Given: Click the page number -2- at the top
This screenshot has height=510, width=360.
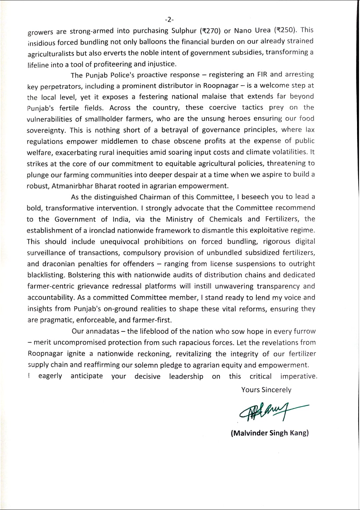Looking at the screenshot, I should click(169, 19).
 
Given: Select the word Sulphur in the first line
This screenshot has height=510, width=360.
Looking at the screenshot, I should click(184, 31).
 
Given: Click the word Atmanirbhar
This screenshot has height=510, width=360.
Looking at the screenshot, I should click(69, 186).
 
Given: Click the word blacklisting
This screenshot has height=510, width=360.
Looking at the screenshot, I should click(46, 275).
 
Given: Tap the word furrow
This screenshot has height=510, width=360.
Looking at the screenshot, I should click(304, 331).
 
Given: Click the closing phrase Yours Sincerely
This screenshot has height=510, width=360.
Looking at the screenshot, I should click(266, 390).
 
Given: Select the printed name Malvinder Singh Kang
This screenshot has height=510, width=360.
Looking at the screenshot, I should click(269, 433).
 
